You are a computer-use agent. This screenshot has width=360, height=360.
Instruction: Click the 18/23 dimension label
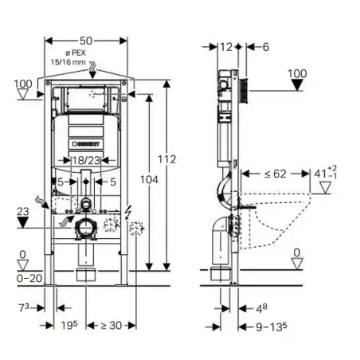click(86, 161)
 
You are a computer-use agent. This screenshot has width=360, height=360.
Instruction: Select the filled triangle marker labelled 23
click(25, 224)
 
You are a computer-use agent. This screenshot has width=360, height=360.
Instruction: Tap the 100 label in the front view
click(24, 82)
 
